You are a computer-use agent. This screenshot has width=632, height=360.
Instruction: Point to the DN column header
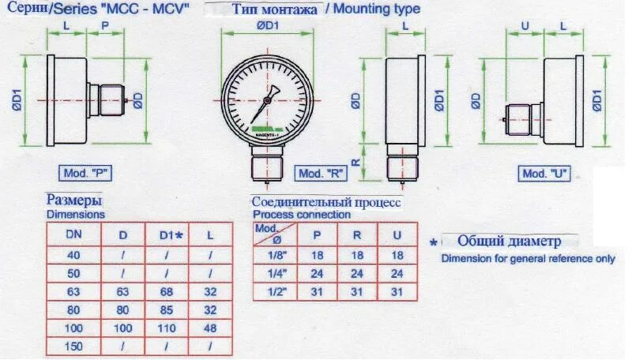72,234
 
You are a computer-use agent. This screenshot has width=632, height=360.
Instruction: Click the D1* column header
171,234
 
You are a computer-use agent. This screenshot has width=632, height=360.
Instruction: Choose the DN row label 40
72,255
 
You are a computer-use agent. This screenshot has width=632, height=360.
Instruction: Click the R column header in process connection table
356,234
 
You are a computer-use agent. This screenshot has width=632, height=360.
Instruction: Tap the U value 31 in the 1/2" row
397,292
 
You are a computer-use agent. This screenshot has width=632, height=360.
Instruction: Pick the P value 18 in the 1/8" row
316,255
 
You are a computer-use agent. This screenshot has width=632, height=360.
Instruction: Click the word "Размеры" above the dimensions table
73,200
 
